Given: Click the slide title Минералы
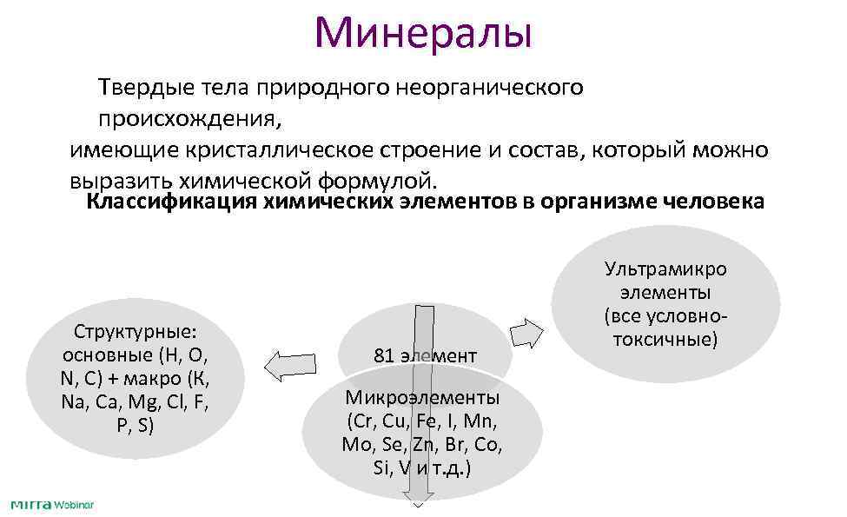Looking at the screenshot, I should tap(422, 32).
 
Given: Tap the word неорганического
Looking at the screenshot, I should tap(490, 87).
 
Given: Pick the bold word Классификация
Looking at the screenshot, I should tap(162, 202).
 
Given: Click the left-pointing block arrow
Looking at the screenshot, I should tap(289, 365).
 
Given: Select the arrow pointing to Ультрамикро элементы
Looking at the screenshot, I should tap(527, 333).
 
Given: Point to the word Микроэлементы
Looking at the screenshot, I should tap(422, 398).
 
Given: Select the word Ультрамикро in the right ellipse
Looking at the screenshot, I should tap(665, 268).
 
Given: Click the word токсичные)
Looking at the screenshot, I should tap(665, 338).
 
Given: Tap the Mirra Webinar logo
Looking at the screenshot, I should tap(51, 505).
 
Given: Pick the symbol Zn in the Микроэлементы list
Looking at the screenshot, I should tap(422, 445).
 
